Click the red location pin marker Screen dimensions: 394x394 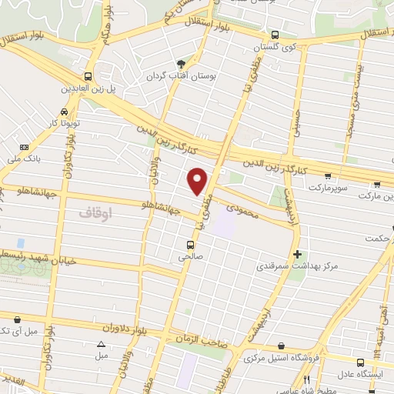199,180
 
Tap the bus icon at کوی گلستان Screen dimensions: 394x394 275,35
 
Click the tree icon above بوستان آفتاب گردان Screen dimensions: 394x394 182,65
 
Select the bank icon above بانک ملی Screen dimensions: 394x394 25,147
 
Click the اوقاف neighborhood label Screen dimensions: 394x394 96,209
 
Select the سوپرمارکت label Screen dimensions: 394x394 327,187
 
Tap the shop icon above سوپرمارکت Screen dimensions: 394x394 328,175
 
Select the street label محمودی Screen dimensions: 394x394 245,209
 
